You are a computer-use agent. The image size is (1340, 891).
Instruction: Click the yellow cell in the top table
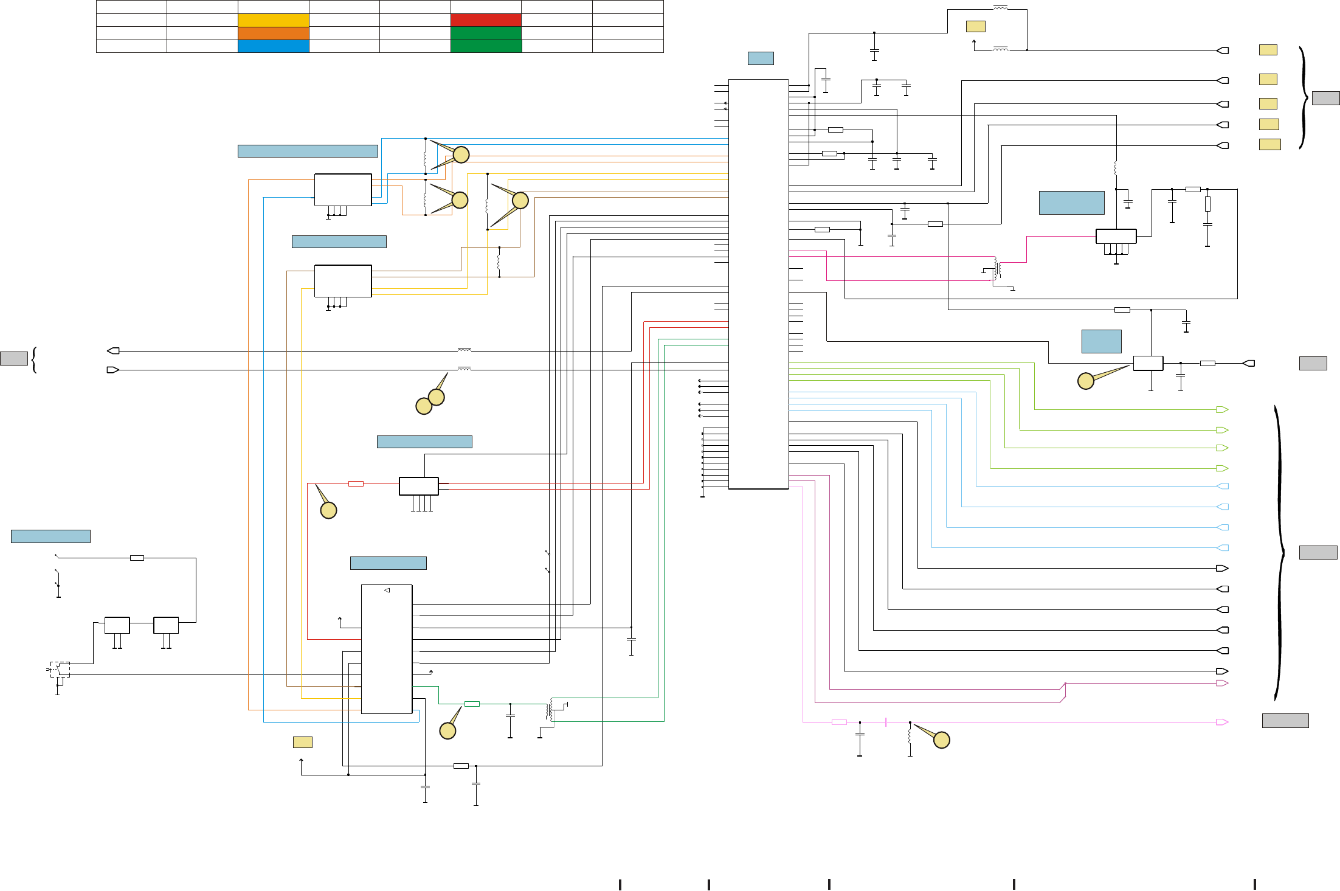[273, 20]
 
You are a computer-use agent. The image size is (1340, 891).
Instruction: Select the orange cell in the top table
[273, 33]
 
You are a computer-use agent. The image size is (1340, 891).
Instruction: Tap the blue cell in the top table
[273, 46]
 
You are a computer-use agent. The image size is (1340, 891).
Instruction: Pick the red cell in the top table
[486, 20]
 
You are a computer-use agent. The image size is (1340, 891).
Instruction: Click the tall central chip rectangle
[758, 284]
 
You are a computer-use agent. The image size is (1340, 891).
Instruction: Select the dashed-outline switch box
[60, 670]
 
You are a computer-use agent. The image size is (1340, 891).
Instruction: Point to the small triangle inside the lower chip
[387, 591]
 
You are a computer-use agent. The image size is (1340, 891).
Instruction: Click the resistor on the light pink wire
[839, 722]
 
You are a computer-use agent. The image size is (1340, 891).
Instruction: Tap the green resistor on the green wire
[472, 704]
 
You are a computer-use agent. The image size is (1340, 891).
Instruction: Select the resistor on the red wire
[356, 484]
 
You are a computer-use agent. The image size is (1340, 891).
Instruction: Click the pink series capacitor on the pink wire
[886, 722]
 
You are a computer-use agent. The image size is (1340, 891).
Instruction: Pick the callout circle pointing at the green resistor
[448, 731]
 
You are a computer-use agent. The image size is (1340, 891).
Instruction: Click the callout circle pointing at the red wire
[328, 510]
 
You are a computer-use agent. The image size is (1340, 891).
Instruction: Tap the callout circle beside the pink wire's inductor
[942, 740]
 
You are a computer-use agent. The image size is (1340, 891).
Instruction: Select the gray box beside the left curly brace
[14, 358]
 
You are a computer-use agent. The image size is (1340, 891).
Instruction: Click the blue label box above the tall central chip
[761, 58]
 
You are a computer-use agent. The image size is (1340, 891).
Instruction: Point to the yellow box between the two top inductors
[975, 27]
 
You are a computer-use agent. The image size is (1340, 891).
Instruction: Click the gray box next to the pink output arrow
[1285, 721]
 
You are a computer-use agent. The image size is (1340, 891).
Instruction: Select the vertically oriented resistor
[1207, 204]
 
